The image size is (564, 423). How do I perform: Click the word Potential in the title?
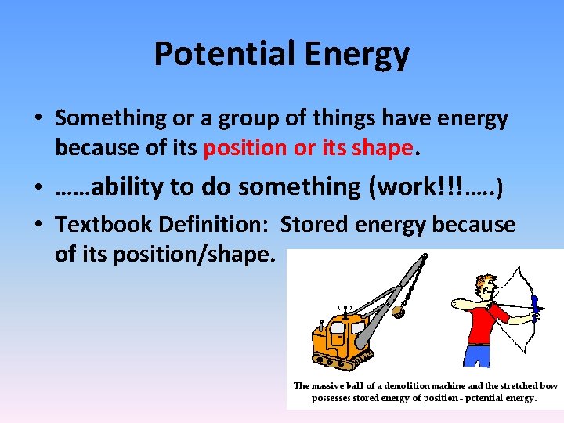tap(218, 54)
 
